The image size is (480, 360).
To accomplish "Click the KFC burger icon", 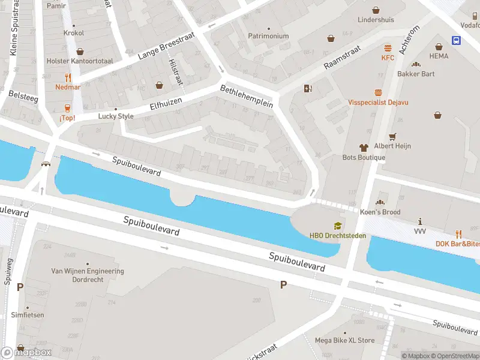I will tap(388, 48).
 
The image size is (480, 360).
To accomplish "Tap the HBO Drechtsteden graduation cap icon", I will tap(338, 226).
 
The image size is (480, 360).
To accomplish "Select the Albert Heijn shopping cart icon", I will tap(393, 136).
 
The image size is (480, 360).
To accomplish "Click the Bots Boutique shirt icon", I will tap(364, 147).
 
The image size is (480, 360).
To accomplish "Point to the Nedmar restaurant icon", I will tap(68, 77).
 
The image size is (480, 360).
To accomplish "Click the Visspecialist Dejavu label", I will tap(378, 103).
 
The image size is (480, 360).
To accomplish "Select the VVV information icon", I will tap(420, 221).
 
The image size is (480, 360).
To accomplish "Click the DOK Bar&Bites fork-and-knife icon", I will tap(458, 233).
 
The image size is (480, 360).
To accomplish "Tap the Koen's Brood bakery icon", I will tap(380, 202).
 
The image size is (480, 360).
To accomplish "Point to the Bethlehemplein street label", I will tap(247, 96).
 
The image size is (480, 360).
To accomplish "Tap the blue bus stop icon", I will tap(457, 41).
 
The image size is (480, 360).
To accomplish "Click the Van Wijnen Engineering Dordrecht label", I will tap(88, 275).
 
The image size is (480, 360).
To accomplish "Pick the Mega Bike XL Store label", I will tap(344, 340).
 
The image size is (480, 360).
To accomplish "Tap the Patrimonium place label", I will tap(268, 36).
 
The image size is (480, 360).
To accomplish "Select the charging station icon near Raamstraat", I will tap(308, 89).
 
